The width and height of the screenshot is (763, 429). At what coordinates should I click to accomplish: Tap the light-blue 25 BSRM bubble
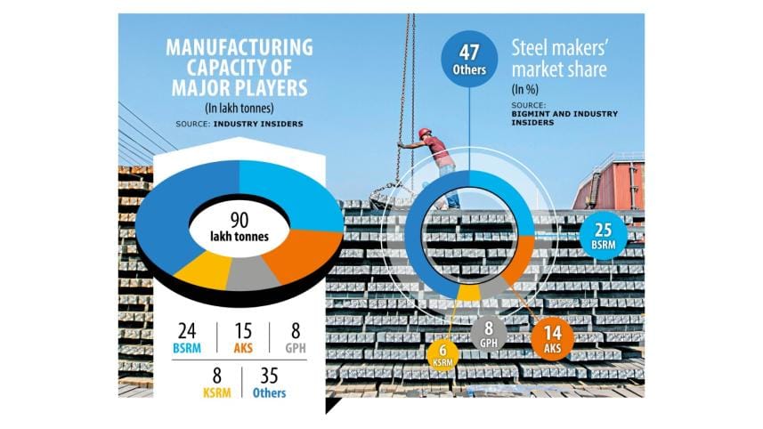tap(603, 236)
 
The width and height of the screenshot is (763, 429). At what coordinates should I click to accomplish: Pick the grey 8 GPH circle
tap(489, 333)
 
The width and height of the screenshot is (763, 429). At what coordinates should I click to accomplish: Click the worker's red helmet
tap(425, 134)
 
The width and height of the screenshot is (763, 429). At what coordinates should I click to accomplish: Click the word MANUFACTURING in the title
tap(239, 48)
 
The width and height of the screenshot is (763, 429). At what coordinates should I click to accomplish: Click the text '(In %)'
tap(525, 91)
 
